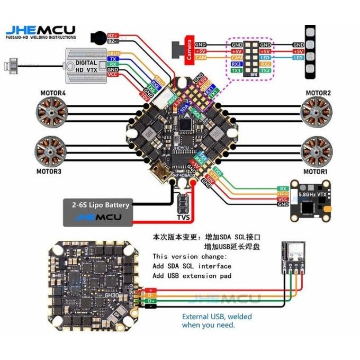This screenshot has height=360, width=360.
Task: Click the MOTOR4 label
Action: pos(53,94)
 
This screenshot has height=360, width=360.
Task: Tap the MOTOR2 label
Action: pos(318,93)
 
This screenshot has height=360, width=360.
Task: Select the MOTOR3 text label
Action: pos(49,172)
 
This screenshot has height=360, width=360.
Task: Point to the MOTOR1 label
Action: pos(316,172)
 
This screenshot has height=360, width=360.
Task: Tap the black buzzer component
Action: pos(97,38)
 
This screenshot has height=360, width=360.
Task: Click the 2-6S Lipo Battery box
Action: pos(98,211)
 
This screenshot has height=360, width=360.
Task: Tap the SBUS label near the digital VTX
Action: pos(113,53)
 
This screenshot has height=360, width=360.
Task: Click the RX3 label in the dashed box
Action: pos(237,64)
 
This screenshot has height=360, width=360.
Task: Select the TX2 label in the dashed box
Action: pos(265,70)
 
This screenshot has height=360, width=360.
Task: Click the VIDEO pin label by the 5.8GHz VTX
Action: pos(283,194)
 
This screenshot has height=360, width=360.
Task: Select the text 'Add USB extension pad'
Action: pos(192,276)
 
